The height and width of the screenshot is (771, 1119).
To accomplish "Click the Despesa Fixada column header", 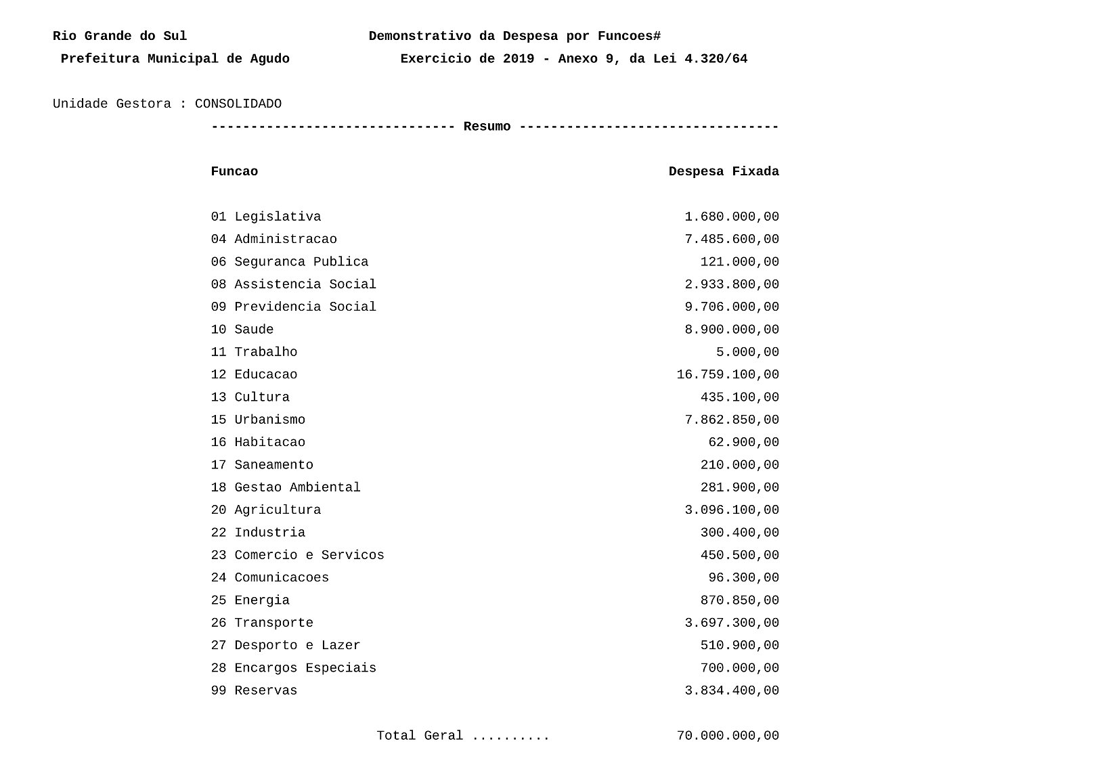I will [x=723, y=171].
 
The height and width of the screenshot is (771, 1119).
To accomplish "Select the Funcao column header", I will [x=234, y=171].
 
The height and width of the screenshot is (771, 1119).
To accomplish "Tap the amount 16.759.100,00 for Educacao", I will [x=727, y=374].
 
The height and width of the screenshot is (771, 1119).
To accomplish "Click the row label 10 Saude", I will [x=242, y=330].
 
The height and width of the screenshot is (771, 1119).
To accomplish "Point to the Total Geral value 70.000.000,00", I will [x=727, y=736].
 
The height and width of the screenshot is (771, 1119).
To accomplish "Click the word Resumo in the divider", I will [x=487, y=127].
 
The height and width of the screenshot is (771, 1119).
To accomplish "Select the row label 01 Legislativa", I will [x=266, y=217].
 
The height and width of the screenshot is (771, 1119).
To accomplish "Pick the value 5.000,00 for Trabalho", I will [x=747, y=352].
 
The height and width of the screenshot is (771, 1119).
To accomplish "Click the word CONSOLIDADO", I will [x=238, y=104].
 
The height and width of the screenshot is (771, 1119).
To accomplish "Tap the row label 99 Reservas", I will [x=254, y=690].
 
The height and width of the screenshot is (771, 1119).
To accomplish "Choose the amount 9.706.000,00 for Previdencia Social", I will [x=731, y=307].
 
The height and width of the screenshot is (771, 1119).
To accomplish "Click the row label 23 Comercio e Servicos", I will [x=297, y=555].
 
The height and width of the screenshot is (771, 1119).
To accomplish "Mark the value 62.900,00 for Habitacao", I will [x=743, y=442].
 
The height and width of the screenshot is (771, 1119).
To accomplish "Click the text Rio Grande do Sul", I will [x=120, y=36].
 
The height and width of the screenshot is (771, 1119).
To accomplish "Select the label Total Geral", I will [x=420, y=736].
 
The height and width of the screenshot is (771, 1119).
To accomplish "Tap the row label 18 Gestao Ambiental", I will [x=286, y=487].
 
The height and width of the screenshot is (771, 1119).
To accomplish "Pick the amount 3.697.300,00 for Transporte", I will [x=731, y=623].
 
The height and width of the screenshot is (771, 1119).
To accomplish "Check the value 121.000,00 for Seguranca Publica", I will [x=739, y=262].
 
